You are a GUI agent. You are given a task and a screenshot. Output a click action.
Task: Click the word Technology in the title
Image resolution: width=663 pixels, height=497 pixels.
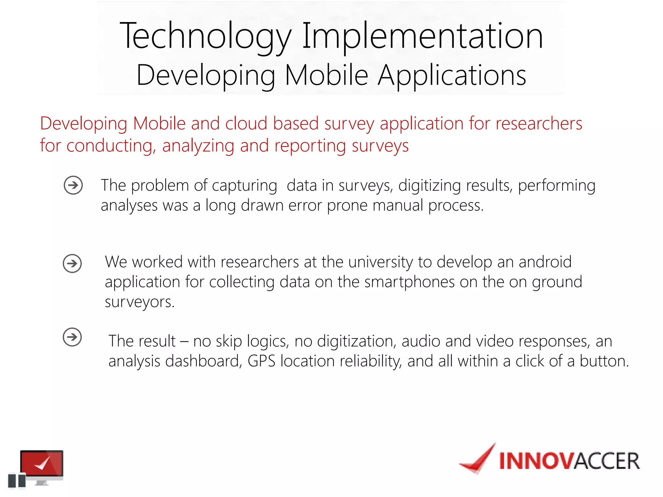point(205,36)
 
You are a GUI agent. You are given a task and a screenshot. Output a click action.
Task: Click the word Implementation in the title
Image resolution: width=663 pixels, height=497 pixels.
point(422,36)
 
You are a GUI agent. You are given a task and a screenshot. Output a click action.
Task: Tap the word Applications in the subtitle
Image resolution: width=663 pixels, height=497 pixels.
point(452,75)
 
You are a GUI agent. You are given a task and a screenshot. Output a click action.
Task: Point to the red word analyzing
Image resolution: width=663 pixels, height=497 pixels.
point(198,146)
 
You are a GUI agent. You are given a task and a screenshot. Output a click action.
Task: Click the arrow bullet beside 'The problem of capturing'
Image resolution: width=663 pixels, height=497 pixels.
point(73,185)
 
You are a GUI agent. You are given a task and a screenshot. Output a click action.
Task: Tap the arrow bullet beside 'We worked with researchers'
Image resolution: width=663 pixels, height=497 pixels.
point(72,263)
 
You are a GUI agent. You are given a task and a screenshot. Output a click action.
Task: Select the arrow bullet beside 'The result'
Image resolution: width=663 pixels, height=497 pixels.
point(72,337)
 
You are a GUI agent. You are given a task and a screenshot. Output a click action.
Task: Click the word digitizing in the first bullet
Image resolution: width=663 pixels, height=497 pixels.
point(429,186)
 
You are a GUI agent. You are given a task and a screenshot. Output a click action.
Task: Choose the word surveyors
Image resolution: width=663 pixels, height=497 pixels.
point(139,302)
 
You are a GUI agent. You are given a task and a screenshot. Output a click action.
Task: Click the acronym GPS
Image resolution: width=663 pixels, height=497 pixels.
point(261,361)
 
